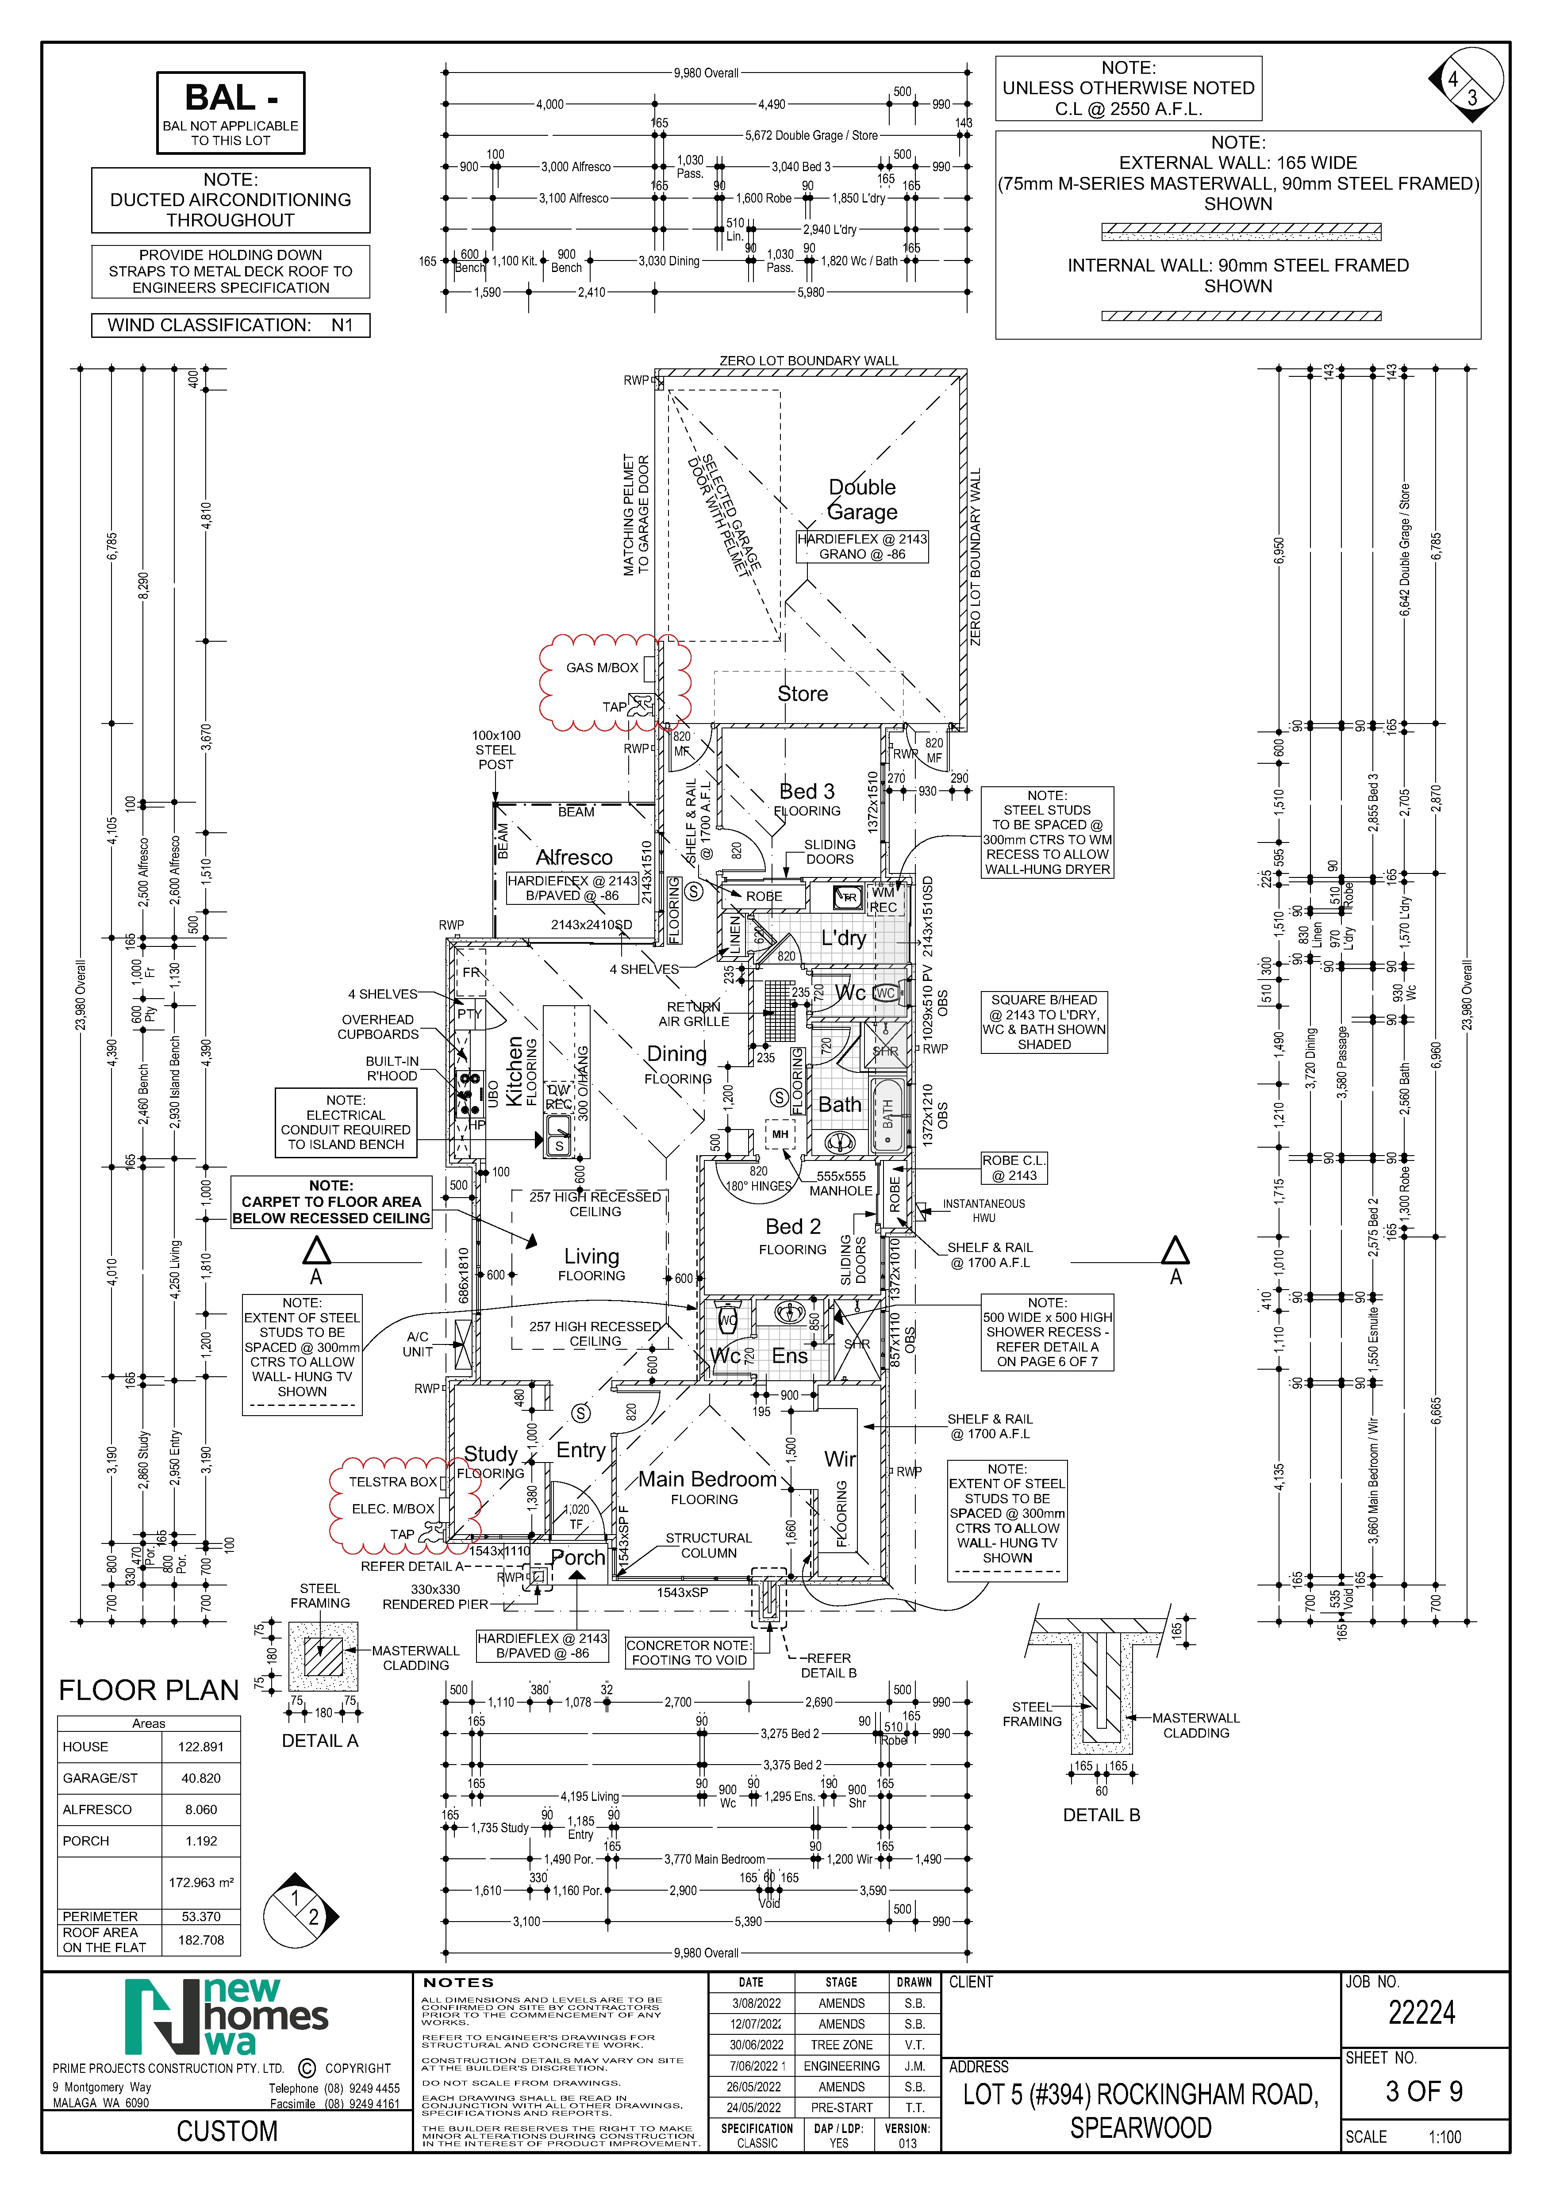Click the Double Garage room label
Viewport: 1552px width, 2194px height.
click(862, 500)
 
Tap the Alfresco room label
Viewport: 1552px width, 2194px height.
click(573, 857)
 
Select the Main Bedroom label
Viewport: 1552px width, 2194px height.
click(707, 1479)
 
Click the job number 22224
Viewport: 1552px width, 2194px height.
click(1421, 2014)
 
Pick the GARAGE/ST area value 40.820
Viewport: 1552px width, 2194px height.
click(201, 1778)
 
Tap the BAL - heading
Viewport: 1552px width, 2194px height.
click(230, 99)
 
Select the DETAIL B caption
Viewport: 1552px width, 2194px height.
click(1101, 1815)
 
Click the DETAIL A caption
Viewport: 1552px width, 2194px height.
click(319, 1741)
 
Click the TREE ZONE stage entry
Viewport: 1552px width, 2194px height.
click(841, 2045)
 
